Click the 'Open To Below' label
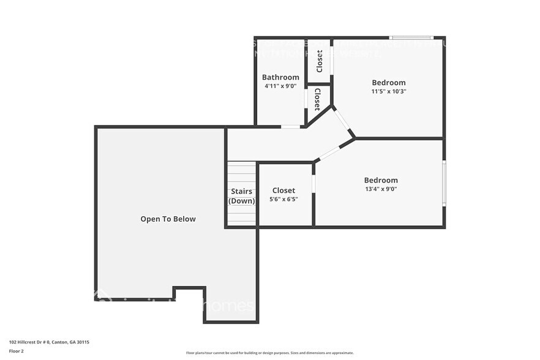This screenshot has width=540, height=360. [168, 219]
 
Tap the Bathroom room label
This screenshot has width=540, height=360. [280, 77]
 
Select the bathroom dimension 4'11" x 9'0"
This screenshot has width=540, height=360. [280, 86]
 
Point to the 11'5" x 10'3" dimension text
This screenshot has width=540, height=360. [389, 91]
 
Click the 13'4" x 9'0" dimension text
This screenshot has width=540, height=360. [381, 189]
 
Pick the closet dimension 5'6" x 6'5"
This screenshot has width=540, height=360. [283, 199]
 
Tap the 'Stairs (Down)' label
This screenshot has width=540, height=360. [242, 196]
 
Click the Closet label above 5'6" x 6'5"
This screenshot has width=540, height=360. [283, 190]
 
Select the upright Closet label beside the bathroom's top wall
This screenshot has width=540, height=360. [319, 61]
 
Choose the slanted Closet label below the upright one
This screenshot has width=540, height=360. [318, 99]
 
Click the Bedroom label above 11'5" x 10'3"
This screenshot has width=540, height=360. [389, 83]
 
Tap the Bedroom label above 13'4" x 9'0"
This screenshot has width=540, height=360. [381, 180]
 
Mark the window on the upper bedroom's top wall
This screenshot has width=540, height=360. [411, 38]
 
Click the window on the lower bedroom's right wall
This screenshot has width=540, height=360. [444, 182]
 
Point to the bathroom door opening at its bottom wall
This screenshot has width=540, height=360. [291, 127]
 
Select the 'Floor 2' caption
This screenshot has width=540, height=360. [17, 351]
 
